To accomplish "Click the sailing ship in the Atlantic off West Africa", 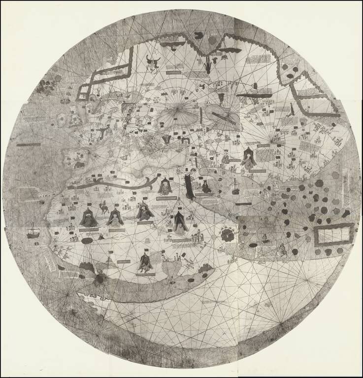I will [x=33, y=230].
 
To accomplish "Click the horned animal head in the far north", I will [x=153, y=61].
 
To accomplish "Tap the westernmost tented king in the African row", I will [x=89, y=219].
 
